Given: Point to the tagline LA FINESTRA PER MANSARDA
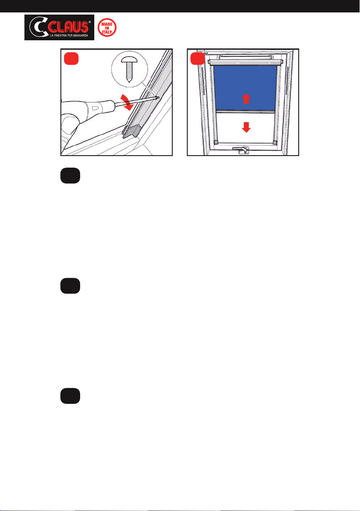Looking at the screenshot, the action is (x=69, y=35).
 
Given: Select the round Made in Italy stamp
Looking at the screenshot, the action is (x=107, y=28).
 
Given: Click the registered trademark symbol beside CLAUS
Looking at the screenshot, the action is (x=90, y=22).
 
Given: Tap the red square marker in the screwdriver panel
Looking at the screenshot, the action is (x=71, y=59).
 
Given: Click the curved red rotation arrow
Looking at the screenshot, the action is (x=126, y=102).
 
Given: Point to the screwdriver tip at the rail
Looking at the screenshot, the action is (x=157, y=97).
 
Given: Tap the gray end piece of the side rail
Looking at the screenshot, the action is (x=132, y=132).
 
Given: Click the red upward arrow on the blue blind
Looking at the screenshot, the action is (x=246, y=99).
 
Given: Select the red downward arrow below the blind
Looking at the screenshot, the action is (x=246, y=127).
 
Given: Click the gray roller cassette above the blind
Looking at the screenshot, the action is (x=245, y=62).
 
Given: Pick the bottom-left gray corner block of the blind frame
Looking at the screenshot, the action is (x=216, y=142).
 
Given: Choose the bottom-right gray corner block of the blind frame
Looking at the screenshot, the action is (x=275, y=142).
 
